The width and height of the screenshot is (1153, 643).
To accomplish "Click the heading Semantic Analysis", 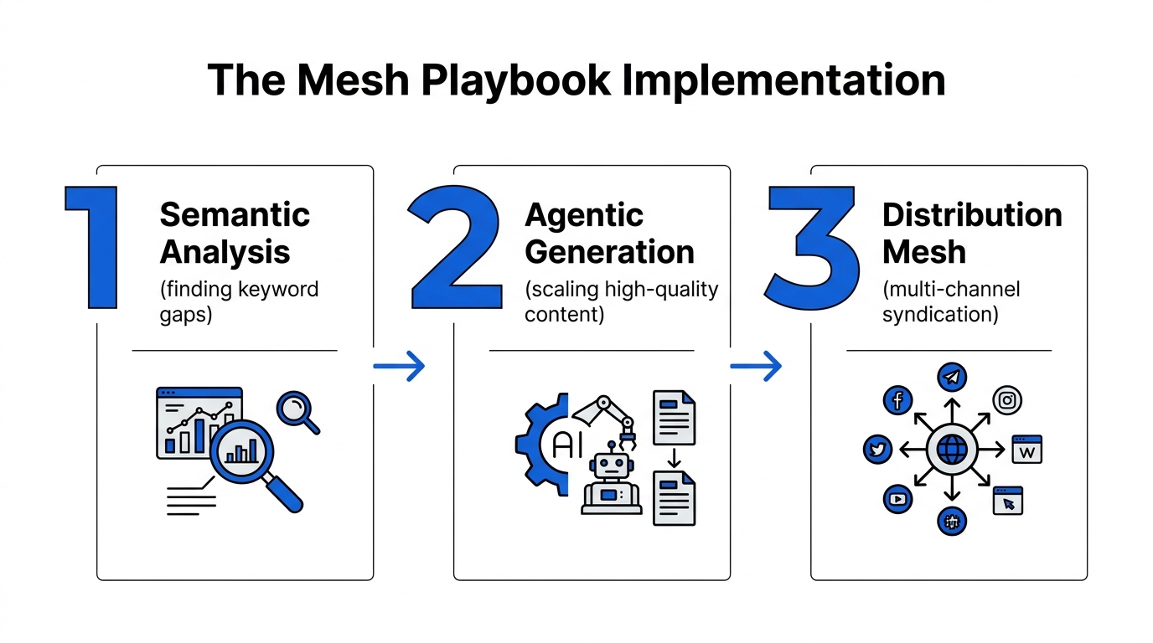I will pos(235,233).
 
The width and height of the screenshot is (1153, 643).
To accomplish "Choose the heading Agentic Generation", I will pos(609,233).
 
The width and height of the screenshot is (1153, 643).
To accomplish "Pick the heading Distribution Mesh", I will pos(972,233).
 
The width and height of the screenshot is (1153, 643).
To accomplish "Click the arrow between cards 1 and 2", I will pos(399,366).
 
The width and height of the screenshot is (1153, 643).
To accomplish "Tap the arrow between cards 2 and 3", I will pos(756,366).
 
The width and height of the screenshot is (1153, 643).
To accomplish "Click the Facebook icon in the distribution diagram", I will pos(897,400).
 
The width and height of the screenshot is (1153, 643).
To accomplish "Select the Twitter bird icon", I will pos(877,450).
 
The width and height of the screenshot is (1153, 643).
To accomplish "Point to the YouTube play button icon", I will pos(897,500).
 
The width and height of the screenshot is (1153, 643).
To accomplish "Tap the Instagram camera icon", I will pos(1007,400).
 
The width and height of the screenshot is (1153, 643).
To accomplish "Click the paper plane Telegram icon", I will pos(951,378).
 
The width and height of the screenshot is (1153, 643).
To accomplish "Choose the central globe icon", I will pos(951,450).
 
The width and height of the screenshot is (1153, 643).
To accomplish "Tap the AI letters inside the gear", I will pos(567,445).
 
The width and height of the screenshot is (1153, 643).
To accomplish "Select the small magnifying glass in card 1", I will pos(296,409).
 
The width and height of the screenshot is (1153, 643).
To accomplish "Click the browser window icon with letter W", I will pos(1027,450).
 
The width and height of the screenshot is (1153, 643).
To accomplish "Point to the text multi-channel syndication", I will pos(951,301).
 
